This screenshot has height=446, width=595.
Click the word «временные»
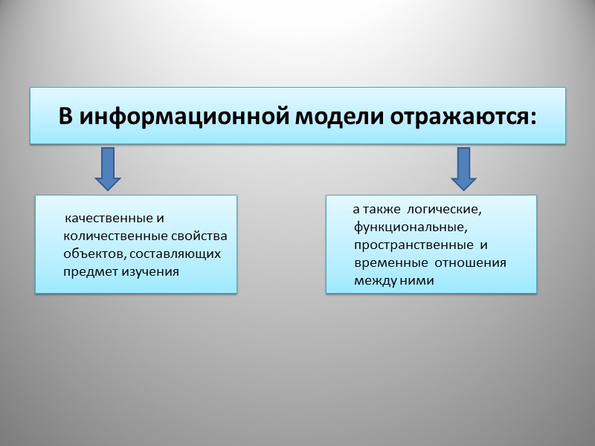pyautogui.click(x=390, y=262)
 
